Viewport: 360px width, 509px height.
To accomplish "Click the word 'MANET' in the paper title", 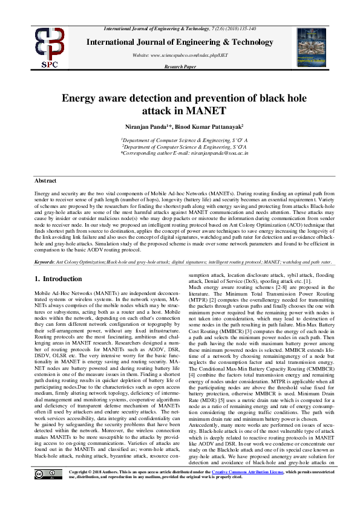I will [206, 111].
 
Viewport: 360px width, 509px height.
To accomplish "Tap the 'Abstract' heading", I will [45, 181].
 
